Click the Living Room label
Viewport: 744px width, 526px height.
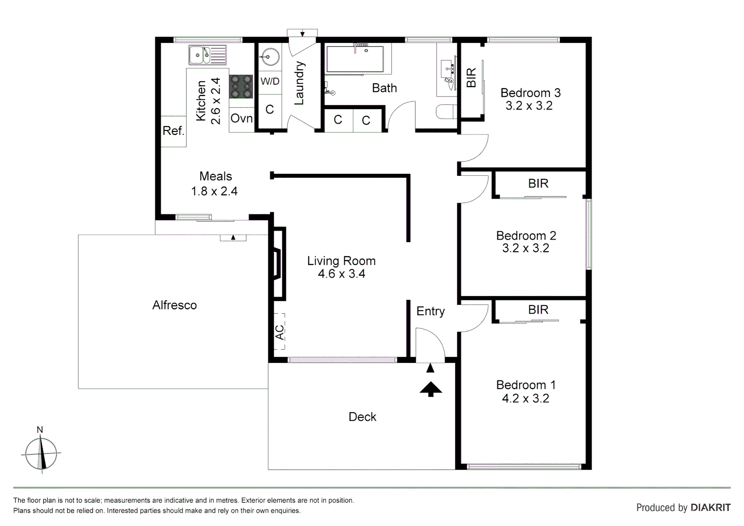click(x=341, y=261)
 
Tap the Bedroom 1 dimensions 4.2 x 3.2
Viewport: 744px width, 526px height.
click(x=525, y=398)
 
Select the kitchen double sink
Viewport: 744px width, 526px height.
click(x=207, y=55)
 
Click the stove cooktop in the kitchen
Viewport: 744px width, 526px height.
click(x=241, y=87)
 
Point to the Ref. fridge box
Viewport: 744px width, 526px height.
click(x=173, y=131)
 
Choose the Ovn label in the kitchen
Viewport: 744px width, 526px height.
click(x=242, y=118)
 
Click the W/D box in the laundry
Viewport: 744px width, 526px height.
click(x=270, y=81)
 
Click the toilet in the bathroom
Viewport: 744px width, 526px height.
click(x=445, y=112)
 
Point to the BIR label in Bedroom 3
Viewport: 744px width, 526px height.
click(x=471, y=78)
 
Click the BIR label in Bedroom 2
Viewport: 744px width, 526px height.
click(x=538, y=184)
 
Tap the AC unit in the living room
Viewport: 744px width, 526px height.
click(x=279, y=332)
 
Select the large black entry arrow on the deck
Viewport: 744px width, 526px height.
click(x=430, y=389)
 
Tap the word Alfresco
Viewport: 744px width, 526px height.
click(x=174, y=305)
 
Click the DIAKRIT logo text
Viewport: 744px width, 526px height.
click(x=710, y=507)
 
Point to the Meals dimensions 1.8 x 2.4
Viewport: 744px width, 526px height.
click(x=214, y=191)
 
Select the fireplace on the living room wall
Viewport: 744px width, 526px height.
click(x=278, y=263)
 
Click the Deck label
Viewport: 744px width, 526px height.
click(x=362, y=417)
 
